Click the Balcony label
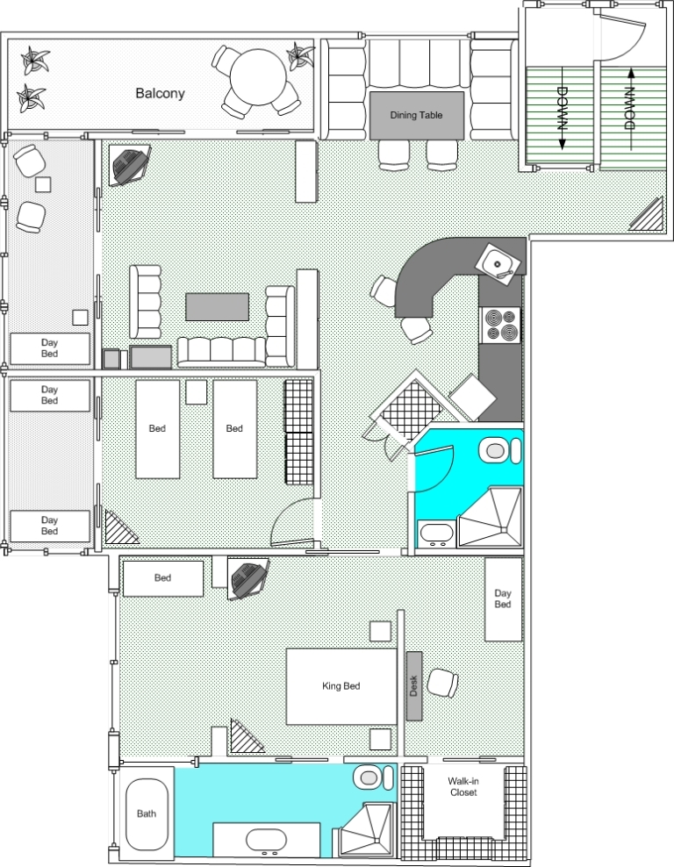coord(160,93)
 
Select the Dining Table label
coord(416,115)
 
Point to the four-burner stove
coord(500,325)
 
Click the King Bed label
coord(341,685)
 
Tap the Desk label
coord(413,685)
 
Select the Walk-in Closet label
coord(463,786)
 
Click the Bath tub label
coord(147,813)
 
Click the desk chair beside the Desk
coord(443,684)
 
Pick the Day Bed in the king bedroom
coord(503,598)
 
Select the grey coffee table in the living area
coord(217,307)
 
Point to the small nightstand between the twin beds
coord(197,392)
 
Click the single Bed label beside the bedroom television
coord(162,577)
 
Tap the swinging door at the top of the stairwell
coord(624,37)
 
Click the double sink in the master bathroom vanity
coord(267,841)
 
